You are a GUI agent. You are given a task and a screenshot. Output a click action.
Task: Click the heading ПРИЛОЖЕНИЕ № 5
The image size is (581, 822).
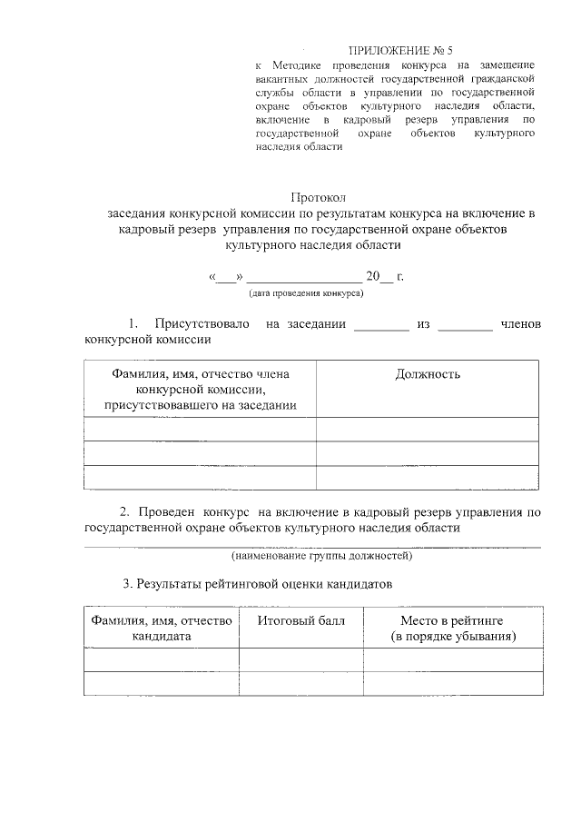[x=400, y=50]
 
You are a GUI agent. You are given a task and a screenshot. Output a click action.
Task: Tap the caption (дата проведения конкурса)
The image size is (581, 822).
[x=306, y=293]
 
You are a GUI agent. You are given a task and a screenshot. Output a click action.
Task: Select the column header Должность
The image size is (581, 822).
[x=428, y=374]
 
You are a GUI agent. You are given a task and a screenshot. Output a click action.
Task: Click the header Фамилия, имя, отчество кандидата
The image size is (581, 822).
[x=161, y=629]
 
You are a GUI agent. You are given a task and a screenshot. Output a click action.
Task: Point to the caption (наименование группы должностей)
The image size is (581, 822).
[x=321, y=554]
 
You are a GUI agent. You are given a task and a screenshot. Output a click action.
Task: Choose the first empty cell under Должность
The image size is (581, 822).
[x=428, y=429]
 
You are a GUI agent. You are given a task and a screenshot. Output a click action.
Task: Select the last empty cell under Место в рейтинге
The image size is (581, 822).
[x=452, y=683]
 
